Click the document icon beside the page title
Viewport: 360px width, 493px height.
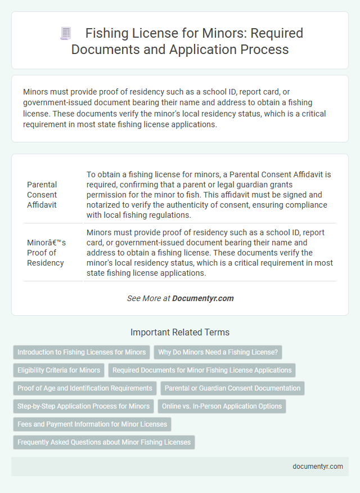65,34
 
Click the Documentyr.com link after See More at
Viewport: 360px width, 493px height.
203,298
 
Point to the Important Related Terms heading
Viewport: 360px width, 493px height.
180,332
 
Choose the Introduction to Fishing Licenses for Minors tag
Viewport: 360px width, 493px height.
82,352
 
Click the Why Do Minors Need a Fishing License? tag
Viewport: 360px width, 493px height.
218,352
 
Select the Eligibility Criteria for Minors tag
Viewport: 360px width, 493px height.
59,370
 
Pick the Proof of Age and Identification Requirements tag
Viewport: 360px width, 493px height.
85,388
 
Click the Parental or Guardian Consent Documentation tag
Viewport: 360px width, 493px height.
232,388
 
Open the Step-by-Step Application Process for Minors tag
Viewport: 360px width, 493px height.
84,406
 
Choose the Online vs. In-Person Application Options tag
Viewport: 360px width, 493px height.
222,406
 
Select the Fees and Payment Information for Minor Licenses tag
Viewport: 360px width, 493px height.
92,424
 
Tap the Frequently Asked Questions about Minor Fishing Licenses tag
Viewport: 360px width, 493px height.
104,442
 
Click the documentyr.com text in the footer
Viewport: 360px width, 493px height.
317,466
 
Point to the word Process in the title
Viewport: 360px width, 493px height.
263,49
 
